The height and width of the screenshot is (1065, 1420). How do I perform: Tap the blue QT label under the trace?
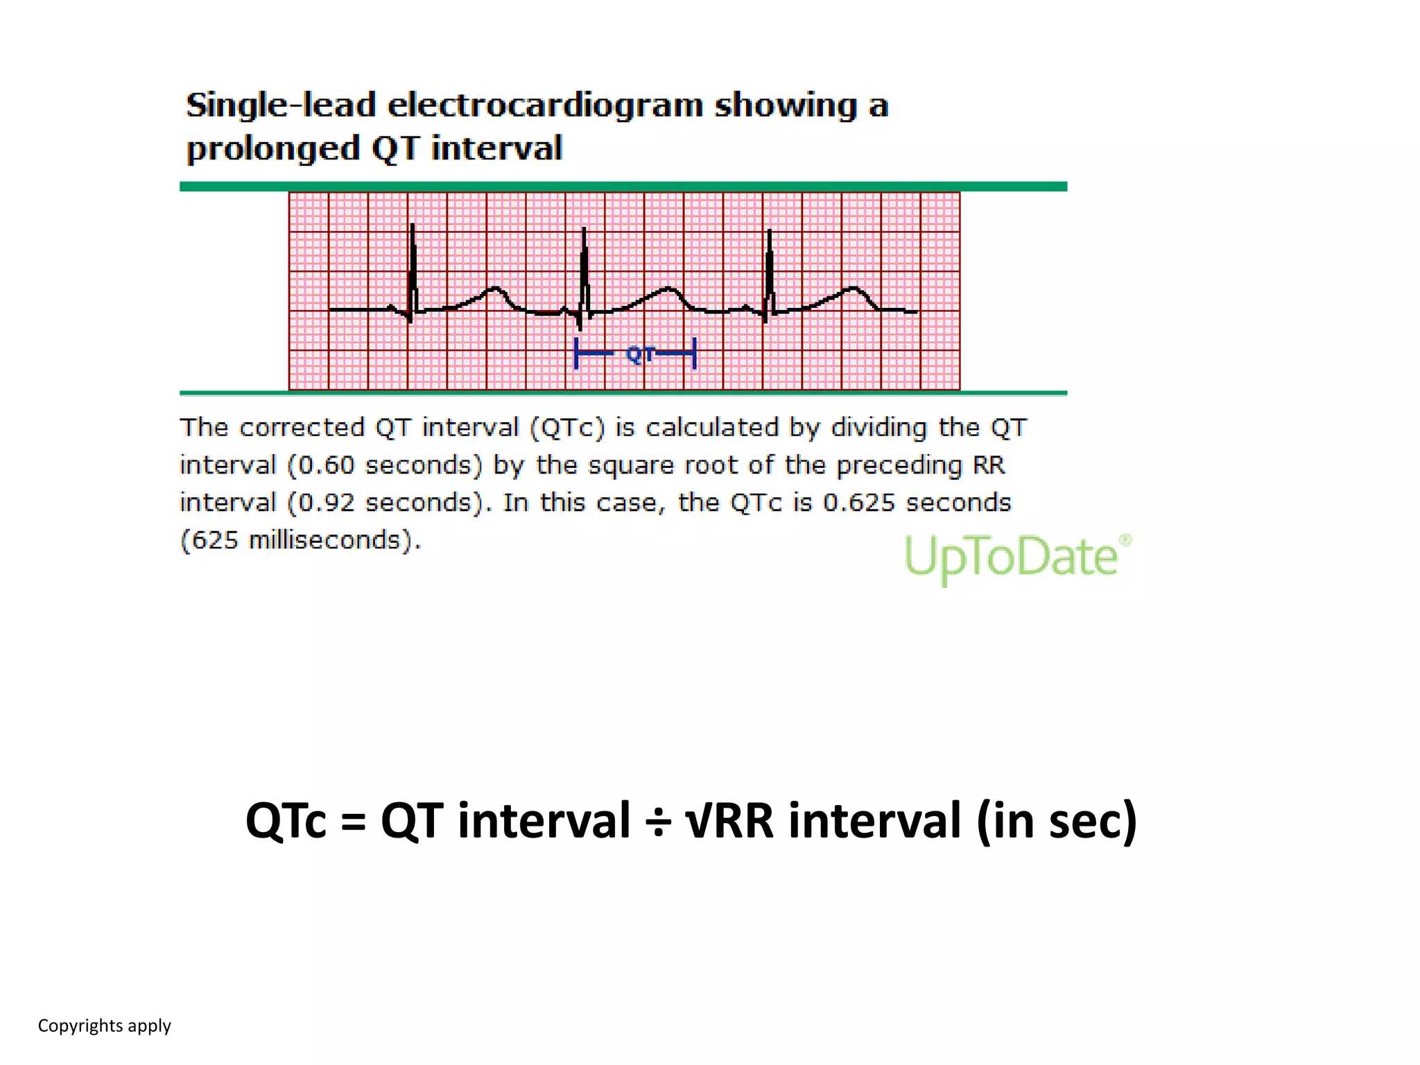(x=639, y=355)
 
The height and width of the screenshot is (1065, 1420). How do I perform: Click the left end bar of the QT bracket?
(x=576, y=354)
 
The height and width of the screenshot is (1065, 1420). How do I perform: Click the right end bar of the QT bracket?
(x=694, y=354)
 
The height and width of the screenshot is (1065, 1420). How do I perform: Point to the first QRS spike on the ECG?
(x=413, y=267)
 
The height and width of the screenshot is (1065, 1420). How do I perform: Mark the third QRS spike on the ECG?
(x=770, y=270)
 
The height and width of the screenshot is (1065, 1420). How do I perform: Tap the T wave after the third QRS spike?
(x=853, y=289)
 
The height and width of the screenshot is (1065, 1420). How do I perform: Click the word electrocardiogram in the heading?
(x=545, y=106)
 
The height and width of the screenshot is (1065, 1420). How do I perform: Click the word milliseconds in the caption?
(x=324, y=540)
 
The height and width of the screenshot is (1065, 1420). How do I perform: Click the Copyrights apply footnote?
(x=104, y=1025)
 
